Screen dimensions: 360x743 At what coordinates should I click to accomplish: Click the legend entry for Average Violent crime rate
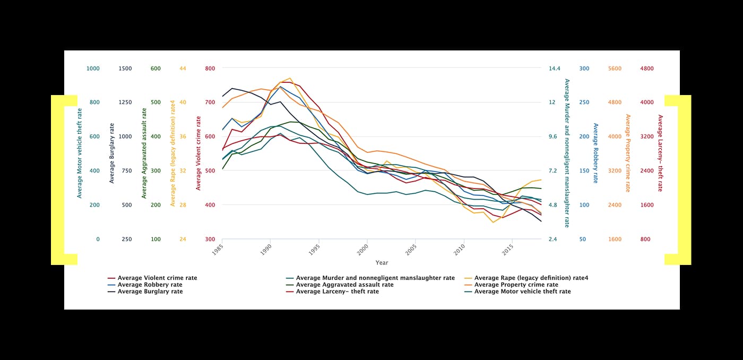[x=157, y=278]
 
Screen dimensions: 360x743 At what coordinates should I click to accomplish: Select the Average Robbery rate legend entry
[x=150, y=285]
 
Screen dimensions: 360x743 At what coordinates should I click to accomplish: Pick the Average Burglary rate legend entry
[x=150, y=292]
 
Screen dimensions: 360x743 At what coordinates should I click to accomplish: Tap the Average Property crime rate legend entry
[x=516, y=285]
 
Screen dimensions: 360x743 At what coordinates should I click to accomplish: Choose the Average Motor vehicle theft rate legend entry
[x=522, y=292]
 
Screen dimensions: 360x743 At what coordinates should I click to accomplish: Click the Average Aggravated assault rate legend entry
[x=344, y=285]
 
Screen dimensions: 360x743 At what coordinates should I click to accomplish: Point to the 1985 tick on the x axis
[x=217, y=249]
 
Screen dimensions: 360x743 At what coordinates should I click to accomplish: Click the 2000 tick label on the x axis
[x=362, y=249]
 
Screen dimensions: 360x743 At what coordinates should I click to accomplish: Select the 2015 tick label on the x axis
[x=507, y=249]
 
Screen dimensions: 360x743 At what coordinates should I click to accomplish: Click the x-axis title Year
[x=382, y=262]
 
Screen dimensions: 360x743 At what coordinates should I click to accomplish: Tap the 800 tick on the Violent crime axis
[x=210, y=68]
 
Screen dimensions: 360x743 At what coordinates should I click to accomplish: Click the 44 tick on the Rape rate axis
[x=183, y=68]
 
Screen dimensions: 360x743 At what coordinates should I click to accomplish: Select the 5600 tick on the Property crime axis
[x=615, y=68]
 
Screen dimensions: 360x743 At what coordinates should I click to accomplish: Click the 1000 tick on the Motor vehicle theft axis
[x=93, y=68]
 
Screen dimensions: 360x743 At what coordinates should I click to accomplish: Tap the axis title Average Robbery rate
[x=595, y=153]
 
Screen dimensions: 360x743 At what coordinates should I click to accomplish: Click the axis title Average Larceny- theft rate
[x=660, y=153]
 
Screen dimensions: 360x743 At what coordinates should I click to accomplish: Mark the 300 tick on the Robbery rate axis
[x=584, y=68]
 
